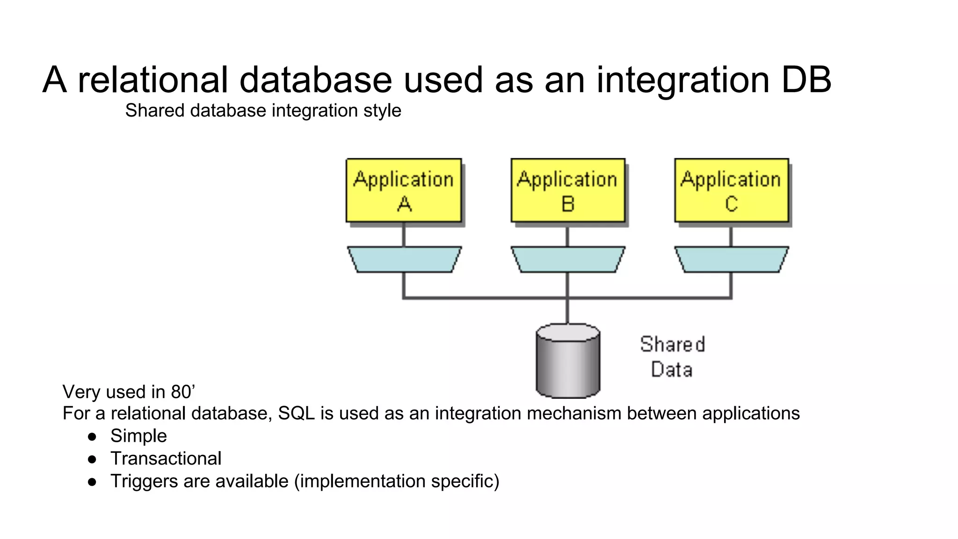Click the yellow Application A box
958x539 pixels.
click(x=404, y=190)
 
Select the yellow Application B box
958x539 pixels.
click(x=568, y=190)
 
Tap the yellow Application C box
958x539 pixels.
click(x=732, y=190)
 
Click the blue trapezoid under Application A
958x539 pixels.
click(x=404, y=260)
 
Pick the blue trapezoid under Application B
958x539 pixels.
click(x=568, y=260)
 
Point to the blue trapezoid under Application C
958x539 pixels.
click(x=732, y=260)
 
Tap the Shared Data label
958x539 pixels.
click(x=672, y=357)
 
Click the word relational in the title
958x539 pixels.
click(x=152, y=80)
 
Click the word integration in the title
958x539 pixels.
click(x=683, y=80)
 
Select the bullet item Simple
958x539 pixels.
click(x=138, y=436)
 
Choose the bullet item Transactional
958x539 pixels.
click(x=166, y=459)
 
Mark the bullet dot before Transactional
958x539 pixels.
click(x=92, y=459)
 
